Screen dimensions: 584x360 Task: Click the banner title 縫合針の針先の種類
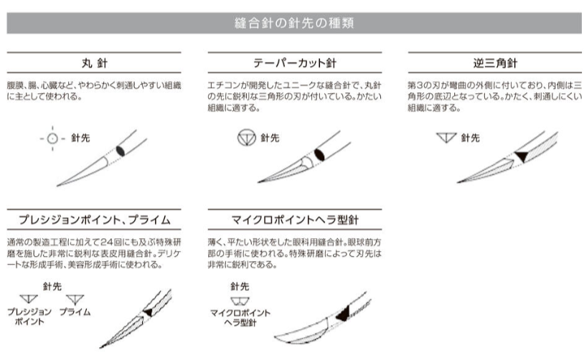[x=294, y=23]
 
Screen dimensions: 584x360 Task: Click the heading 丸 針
[x=95, y=63]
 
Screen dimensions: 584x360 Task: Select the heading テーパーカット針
[x=295, y=63]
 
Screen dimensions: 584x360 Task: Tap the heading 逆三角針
[x=495, y=63]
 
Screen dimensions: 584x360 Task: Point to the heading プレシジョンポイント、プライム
[x=94, y=219]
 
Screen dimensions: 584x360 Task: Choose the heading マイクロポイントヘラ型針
[x=295, y=219]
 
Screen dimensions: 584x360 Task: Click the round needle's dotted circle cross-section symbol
[x=52, y=138]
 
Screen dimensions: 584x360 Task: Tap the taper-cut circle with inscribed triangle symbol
[x=247, y=138]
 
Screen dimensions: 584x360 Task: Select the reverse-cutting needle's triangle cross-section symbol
[x=446, y=138]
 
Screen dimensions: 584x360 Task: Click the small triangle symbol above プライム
[x=75, y=299]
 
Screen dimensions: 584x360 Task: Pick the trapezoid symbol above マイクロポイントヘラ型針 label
[x=240, y=300]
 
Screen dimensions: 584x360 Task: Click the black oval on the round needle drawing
[x=121, y=151]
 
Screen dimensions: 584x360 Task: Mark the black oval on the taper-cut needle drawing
[x=319, y=154]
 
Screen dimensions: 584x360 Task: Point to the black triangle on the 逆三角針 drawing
[x=522, y=156]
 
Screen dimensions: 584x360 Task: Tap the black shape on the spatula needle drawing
[x=344, y=314]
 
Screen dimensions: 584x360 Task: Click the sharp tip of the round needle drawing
[x=57, y=186]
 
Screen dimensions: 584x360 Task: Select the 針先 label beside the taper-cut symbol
[x=270, y=138]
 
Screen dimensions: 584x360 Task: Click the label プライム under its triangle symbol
[x=75, y=312]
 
